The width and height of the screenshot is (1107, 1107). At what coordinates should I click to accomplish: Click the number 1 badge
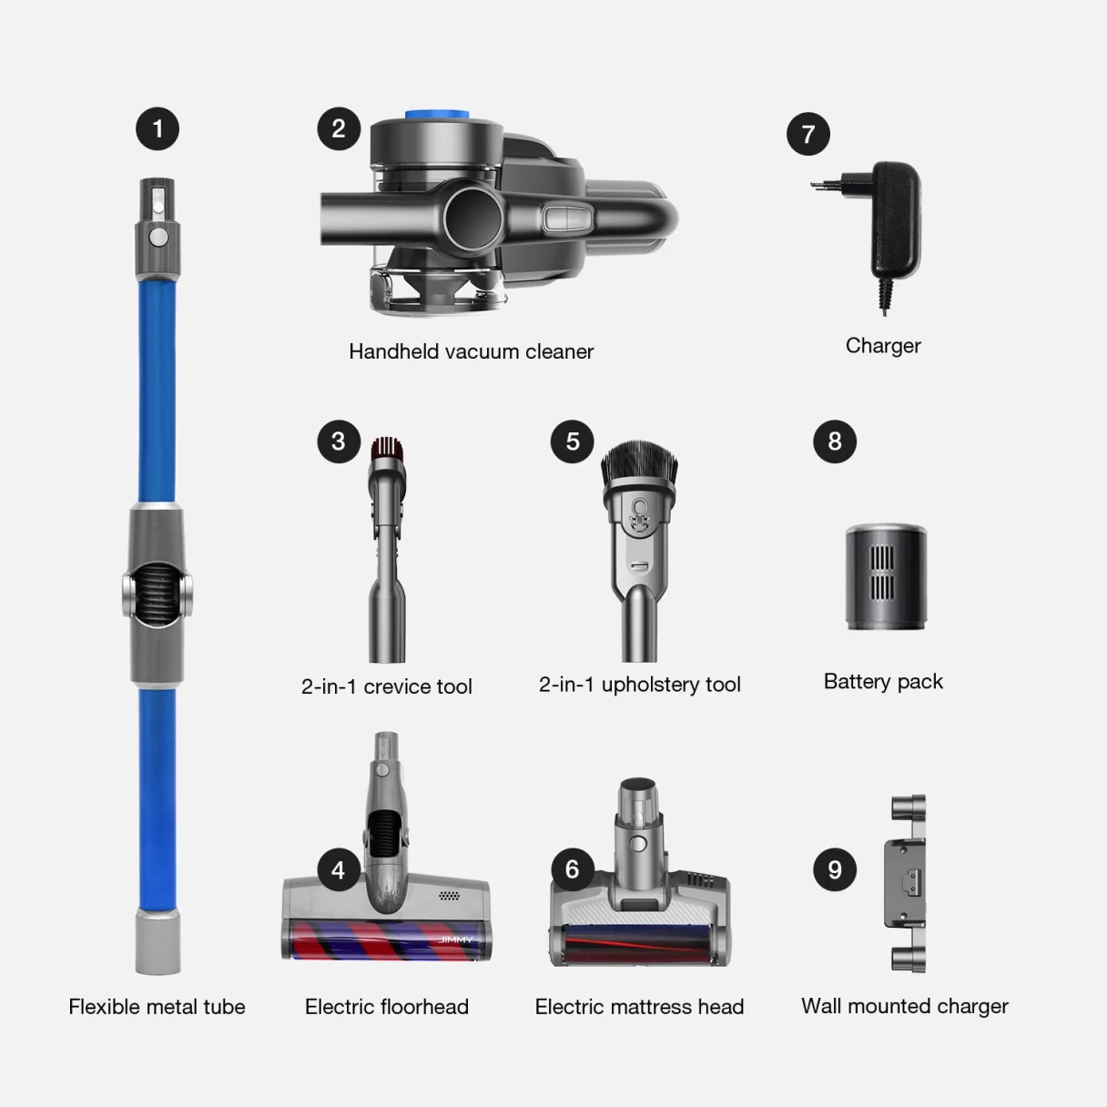(x=157, y=128)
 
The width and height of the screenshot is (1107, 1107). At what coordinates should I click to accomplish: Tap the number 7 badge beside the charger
(x=808, y=134)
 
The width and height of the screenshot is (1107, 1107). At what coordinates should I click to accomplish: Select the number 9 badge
(x=835, y=869)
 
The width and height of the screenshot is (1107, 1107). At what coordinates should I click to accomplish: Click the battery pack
(x=885, y=578)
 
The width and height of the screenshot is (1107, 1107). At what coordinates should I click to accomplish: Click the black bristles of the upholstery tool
(x=639, y=463)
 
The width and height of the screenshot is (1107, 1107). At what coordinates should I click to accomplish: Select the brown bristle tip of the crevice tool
(x=387, y=446)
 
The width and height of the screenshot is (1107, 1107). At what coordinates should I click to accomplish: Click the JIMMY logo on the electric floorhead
(x=456, y=939)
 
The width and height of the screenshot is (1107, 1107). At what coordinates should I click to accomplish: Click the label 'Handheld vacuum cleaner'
(x=471, y=351)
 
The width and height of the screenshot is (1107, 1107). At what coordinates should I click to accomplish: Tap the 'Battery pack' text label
(x=882, y=682)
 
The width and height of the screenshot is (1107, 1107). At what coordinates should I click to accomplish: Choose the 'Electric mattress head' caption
(x=639, y=1007)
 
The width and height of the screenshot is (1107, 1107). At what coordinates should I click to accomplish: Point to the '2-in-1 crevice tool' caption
(x=386, y=686)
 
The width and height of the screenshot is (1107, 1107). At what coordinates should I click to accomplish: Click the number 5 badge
(x=573, y=442)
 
